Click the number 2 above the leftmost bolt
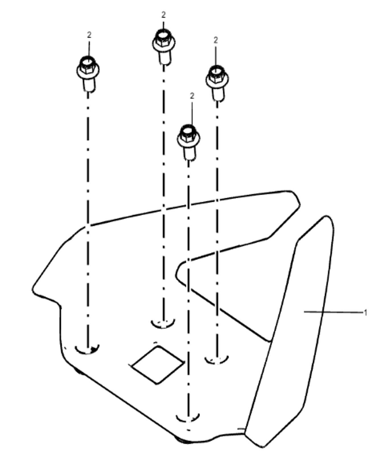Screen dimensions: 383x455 pyautogui.click(x=89, y=35)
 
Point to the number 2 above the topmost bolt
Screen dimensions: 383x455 pyautogui.click(x=163, y=15)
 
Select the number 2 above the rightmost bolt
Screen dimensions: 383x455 pyautogui.click(x=216, y=40)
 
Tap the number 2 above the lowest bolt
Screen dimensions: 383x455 pyautogui.click(x=192, y=96)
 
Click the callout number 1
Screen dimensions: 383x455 pyautogui.click(x=365, y=313)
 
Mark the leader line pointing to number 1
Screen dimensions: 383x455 pyautogui.click(x=333, y=312)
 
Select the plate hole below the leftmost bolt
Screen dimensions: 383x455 pyautogui.click(x=87, y=349)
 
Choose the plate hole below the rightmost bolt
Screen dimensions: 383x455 pyautogui.click(x=217, y=359)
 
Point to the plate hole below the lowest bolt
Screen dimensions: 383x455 pyautogui.click(x=188, y=417)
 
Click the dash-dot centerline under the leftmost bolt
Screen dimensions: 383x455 pyautogui.click(x=88, y=219)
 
